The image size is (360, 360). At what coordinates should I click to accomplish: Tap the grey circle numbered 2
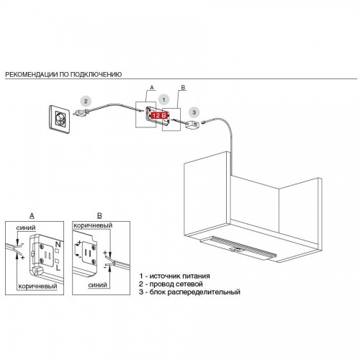(86, 102)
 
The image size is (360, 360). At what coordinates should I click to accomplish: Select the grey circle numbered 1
(164, 99)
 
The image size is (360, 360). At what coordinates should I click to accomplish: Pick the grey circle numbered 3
(194, 112)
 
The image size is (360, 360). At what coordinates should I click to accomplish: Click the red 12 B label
(159, 115)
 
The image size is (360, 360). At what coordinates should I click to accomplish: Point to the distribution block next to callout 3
(192, 125)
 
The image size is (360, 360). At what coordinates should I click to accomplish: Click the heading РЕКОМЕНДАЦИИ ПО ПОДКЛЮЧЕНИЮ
(63, 74)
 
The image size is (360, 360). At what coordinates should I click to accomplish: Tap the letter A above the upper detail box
(152, 88)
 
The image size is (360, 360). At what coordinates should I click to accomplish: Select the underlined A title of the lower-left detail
(32, 216)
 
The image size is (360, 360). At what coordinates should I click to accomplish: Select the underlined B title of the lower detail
(99, 216)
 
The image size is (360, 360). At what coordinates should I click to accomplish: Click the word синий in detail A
(26, 228)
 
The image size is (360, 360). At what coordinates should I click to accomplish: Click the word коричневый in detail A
(37, 286)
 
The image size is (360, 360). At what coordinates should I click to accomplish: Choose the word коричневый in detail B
(93, 225)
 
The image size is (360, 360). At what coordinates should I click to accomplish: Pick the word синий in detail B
(97, 285)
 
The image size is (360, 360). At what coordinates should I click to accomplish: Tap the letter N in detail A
(58, 245)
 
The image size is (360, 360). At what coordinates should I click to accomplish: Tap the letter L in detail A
(58, 268)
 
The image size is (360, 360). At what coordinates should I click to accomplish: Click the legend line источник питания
(174, 276)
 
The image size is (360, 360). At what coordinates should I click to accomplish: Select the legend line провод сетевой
(171, 284)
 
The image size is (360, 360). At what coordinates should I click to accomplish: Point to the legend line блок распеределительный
(189, 292)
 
